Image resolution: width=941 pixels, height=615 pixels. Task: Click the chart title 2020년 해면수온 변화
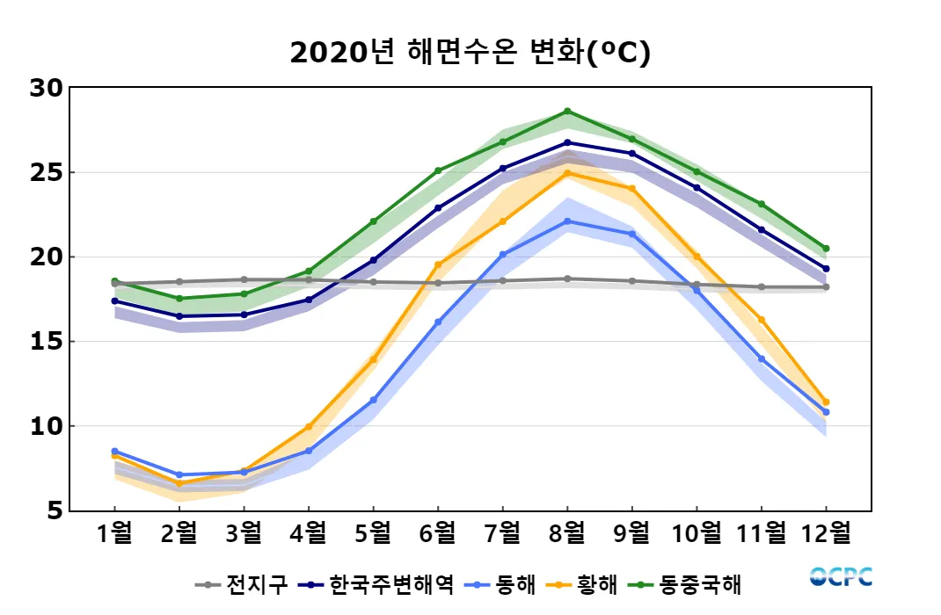pyautogui.click(x=470, y=54)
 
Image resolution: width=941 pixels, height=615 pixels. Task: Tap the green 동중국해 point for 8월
pyautogui.click(x=567, y=112)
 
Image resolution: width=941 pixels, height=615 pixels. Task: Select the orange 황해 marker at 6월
pyautogui.click(x=438, y=264)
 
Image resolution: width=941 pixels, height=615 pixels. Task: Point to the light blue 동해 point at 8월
pyautogui.click(x=567, y=221)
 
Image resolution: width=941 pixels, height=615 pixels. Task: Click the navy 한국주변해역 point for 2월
pyautogui.click(x=179, y=316)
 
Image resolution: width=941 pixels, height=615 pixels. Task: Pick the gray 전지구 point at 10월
pyautogui.click(x=697, y=285)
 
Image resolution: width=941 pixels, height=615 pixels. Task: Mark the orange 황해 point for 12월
pyautogui.click(x=826, y=402)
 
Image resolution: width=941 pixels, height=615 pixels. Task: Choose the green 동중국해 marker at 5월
pyautogui.click(x=373, y=221)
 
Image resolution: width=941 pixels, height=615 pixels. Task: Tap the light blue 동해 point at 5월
pyautogui.click(x=373, y=401)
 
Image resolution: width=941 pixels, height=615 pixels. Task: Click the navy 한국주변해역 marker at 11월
pyautogui.click(x=762, y=230)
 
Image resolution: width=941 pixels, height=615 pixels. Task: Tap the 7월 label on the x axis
pyautogui.click(x=502, y=532)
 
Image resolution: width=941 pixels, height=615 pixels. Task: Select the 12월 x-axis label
pyautogui.click(x=826, y=532)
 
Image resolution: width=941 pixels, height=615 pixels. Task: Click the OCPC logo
pyautogui.click(x=841, y=577)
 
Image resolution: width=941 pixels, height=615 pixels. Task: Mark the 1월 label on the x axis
pyautogui.click(x=114, y=532)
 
